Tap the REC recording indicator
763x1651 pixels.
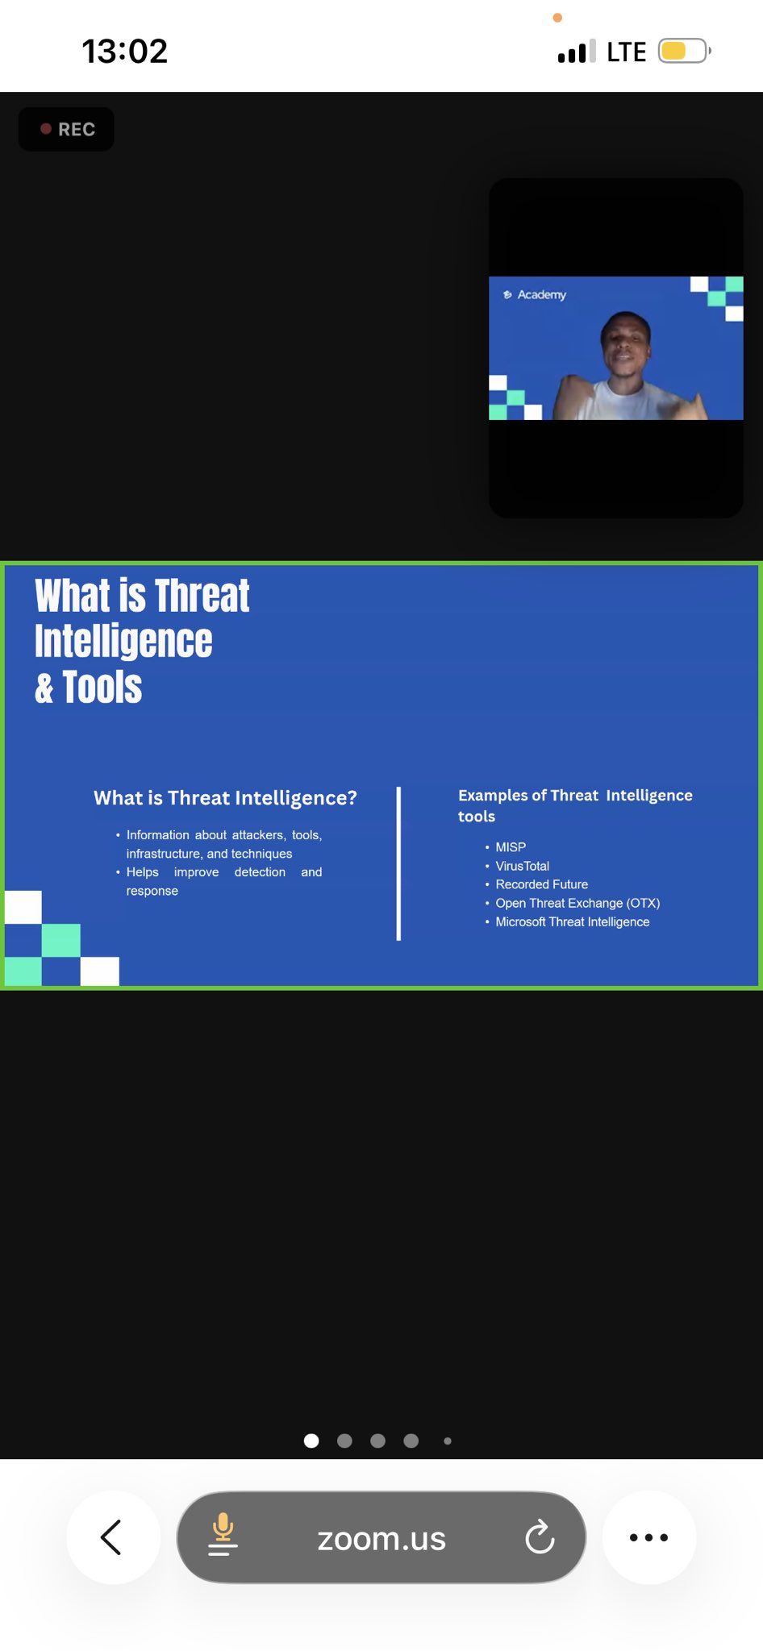pos(66,129)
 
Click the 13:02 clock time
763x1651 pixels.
pos(124,52)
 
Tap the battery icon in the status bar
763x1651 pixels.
pos(684,51)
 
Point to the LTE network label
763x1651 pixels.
pos(626,52)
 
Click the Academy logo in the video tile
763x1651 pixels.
pos(535,295)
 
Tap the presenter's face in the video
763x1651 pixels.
pos(626,347)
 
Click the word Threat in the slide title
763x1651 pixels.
pos(202,597)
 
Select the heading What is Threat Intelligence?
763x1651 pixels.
pos(225,797)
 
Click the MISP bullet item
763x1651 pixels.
pos(511,847)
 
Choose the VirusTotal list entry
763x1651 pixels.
pos(522,866)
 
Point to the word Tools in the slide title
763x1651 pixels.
pos(102,688)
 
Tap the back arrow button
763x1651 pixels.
pos(113,1537)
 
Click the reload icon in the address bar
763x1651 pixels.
pos(540,1537)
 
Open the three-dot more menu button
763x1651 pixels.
pos(648,1537)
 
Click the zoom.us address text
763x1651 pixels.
pos(381,1539)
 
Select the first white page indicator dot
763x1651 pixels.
pos(311,1441)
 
